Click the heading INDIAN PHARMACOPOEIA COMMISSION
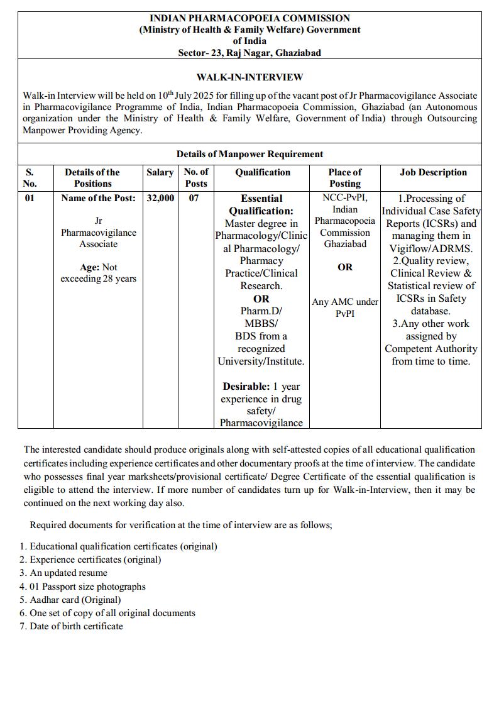point(249,18)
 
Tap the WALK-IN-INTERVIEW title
point(249,77)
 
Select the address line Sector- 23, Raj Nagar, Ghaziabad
point(249,53)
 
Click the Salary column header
point(160,172)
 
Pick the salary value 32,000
point(160,198)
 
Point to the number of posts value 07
point(195,198)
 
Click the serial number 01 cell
point(30,198)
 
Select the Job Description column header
point(433,172)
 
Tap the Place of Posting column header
point(345,178)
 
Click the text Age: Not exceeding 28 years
point(98,273)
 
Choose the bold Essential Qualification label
point(261,204)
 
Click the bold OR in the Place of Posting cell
point(345,267)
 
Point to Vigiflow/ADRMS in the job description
point(430,248)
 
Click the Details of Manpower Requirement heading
point(249,154)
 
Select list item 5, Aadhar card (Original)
point(70,599)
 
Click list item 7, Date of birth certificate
point(72,626)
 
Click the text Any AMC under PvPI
point(345,307)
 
